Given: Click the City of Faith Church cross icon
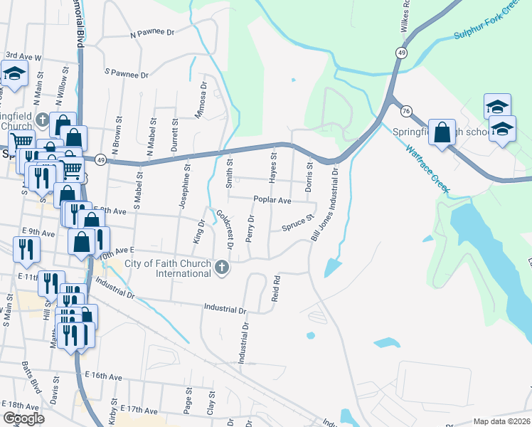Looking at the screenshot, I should pos(222,268).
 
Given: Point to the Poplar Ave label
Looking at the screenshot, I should pos(270,201).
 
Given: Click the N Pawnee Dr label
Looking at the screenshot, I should pos(152,33).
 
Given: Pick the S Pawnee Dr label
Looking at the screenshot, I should pos(126,73).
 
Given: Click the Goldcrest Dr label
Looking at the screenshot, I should pos(225,228).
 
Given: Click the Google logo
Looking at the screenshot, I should pos(23,418).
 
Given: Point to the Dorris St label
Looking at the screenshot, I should pos(309,175).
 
